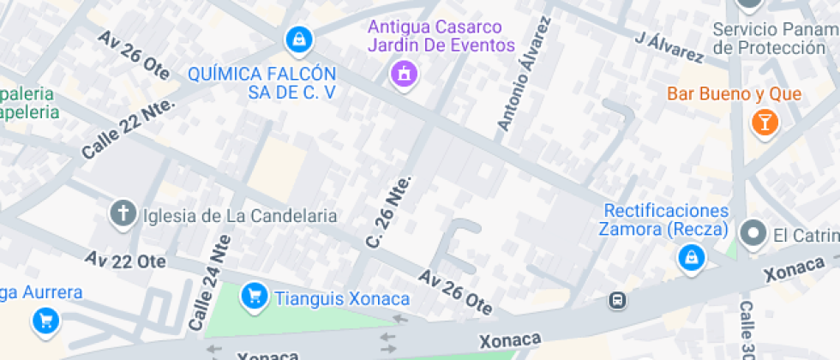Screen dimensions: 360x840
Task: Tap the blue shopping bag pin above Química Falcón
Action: click(299, 39)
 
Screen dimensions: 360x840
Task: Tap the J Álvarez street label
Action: click(669, 47)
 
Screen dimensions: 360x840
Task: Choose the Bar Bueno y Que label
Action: click(735, 93)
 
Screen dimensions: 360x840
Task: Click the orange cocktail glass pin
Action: click(763, 122)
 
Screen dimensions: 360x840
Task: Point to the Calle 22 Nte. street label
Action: click(128, 128)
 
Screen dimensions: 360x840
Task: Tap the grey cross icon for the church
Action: click(123, 213)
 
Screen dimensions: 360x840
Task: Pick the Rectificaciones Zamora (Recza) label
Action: click(666, 219)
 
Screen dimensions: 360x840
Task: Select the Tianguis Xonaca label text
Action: click(342, 298)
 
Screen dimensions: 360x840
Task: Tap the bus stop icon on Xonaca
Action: click(617, 300)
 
